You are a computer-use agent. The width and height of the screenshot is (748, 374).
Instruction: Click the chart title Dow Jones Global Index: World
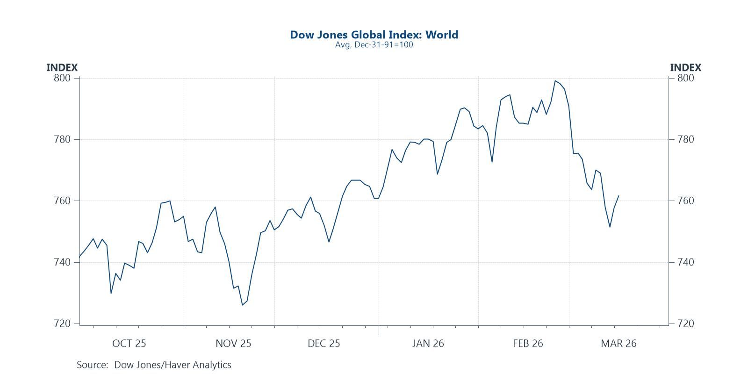point(374,35)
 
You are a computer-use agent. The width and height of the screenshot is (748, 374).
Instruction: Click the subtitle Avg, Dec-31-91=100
point(374,45)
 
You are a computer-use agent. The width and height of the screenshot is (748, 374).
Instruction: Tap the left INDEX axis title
point(62,68)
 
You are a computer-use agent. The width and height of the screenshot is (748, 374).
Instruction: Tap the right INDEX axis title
point(685,68)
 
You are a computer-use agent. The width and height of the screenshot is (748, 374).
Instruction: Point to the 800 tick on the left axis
point(62,78)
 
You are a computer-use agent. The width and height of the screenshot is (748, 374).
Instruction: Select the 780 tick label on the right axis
point(686,139)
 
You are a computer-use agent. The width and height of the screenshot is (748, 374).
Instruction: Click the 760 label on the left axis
point(62,201)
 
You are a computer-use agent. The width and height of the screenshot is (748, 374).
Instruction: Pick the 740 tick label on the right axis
point(686,262)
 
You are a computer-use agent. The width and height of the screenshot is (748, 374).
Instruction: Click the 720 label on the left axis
point(62,324)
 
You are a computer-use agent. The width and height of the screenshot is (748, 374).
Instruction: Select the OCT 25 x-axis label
point(129,344)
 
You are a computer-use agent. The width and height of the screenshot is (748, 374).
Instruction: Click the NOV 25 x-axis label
point(233,344)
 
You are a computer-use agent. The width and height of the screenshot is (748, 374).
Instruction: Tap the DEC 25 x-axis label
point(324,344)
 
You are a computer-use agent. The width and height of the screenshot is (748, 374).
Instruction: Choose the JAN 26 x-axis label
point(428,344)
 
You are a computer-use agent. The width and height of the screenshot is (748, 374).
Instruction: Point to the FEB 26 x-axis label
point(528,344)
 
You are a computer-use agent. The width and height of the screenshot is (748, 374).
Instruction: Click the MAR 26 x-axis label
point(619,344)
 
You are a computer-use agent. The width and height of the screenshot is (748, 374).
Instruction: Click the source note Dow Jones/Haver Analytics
point(154,365)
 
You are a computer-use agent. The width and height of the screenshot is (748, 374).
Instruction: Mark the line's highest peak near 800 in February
point(555,81)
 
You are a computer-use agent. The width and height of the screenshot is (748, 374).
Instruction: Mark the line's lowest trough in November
point(242,305)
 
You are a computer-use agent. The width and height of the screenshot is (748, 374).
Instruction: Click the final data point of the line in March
point(619,196)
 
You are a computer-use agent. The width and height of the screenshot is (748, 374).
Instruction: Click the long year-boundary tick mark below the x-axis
point(379,331)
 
